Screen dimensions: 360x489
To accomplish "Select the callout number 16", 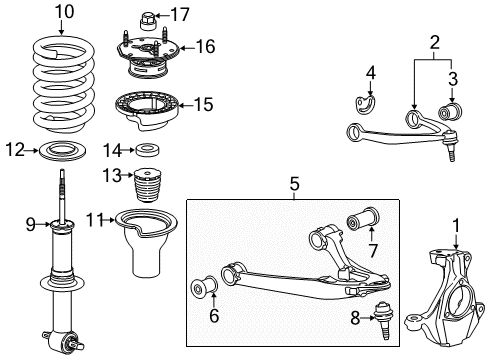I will click(x=205, y=46).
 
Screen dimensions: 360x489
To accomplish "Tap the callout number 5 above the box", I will click(x=295, y=183).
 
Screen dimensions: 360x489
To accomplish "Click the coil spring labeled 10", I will click(x=60, y=82).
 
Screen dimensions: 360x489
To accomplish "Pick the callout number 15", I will click(x=204, y=103).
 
